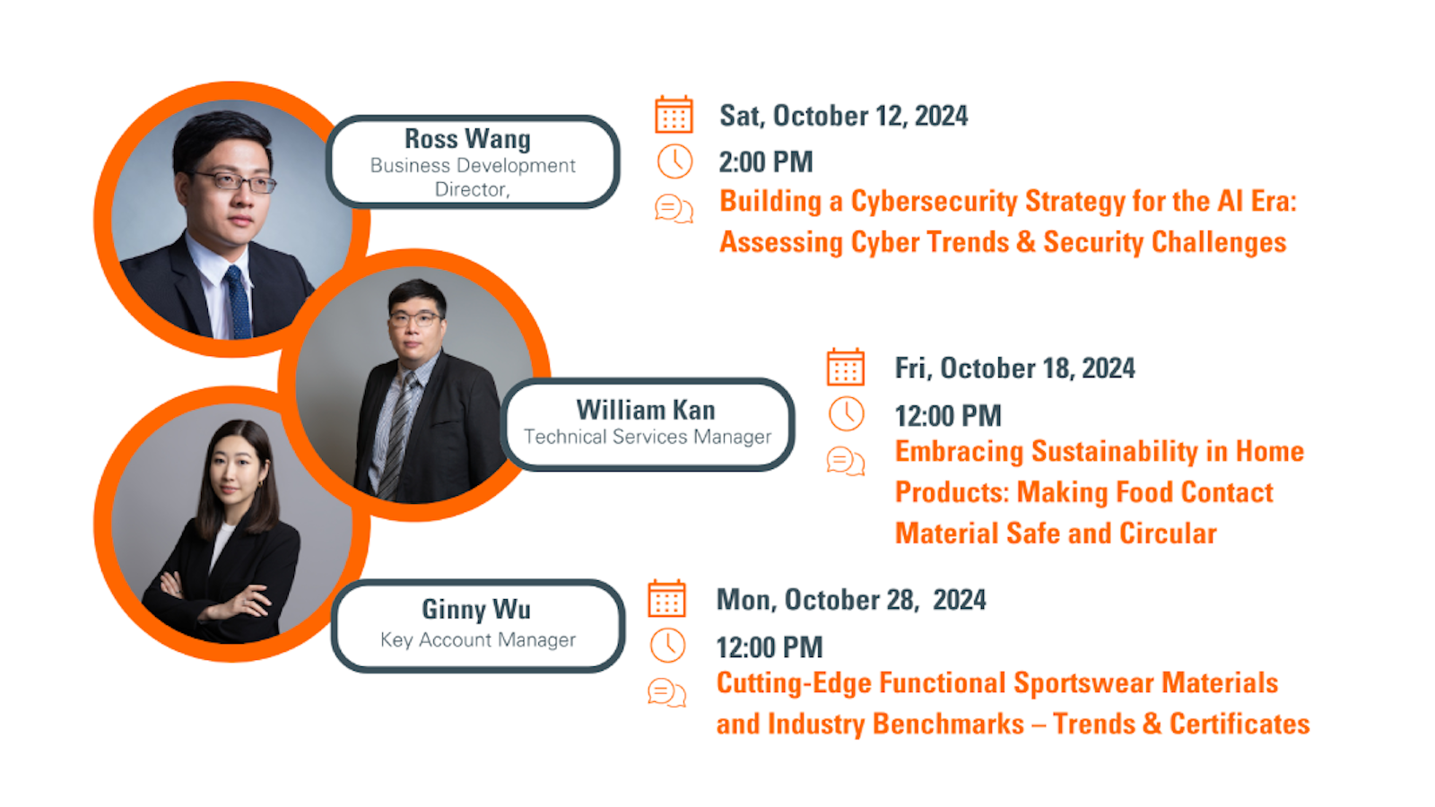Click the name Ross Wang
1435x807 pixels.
[467, 139]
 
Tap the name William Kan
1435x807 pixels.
[646, 410]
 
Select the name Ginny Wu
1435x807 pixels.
[476, 609]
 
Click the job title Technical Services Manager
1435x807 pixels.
[648, 437]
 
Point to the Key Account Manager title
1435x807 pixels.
[478, 639]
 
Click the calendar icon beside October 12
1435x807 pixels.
[674, 115]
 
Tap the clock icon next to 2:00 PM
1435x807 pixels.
[674, 161]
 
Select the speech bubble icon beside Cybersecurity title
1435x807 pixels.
[674, 209]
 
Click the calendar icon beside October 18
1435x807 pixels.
[845, 367]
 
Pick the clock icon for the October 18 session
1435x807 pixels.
[846, 414]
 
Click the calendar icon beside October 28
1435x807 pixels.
[666, 599]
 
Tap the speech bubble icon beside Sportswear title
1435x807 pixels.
[666, 693]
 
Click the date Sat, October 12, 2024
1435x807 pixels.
[843, 116]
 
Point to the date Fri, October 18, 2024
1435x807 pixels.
[1014, 369]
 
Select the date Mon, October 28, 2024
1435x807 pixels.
[850, 600]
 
